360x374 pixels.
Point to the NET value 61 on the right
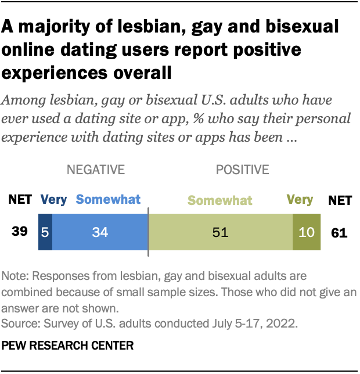pyautogui.click(x=339, y=233)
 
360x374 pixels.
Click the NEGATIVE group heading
pyautogui.click(x=96, y=170)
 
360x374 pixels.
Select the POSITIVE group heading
pyautogui.click(x=242, y=170)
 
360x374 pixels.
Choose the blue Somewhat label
pyautogui.click(x=109, y=200)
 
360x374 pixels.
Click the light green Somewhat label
pyautogui.click(x=220, y=201)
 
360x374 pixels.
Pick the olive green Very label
pyautogui.click(x=300, y=200)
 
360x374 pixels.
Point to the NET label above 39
pyautogui.click(x=20, y=200)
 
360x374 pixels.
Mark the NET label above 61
pyautogui.click(x=339, y=200)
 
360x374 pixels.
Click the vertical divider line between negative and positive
pyautogui.click(x=149, y=231)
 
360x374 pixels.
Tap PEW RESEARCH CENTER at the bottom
pyautogui.click(x=67, y=346)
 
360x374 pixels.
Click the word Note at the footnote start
pyautogui.click(x=14, y=275)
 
